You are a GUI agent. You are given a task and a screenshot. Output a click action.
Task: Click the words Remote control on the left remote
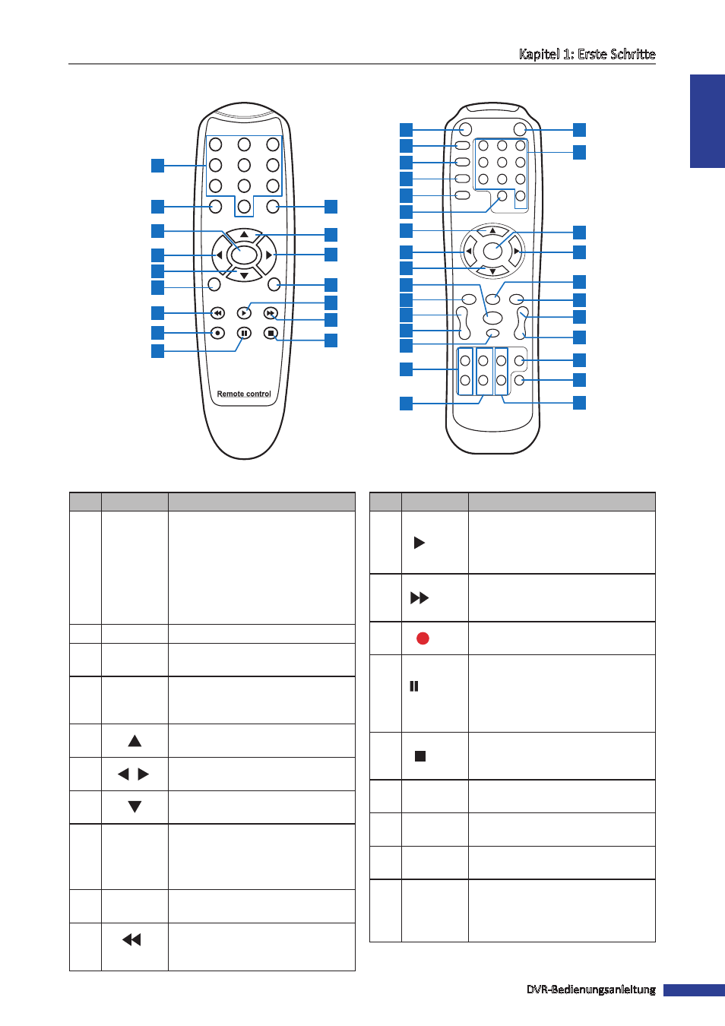(x=244, y=394)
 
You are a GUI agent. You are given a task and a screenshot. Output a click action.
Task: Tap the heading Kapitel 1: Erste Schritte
(x=587, y=54)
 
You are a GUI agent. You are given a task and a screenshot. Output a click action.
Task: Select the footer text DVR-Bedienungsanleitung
(x=590, y=990)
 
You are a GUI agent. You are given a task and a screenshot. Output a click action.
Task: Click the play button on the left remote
(x=244, y=313)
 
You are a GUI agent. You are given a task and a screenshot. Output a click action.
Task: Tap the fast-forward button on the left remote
(x=271, y=313)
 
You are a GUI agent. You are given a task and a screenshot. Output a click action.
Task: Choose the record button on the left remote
(x=217, y=333)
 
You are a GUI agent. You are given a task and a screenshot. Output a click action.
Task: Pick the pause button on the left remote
(x=244, y=333)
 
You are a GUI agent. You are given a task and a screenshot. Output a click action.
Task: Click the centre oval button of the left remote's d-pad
(x=244, y=255)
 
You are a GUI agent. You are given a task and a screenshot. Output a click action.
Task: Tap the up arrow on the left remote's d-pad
(x=245, y=235)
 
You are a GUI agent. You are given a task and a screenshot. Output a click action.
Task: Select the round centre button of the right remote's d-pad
(x=492, y=251)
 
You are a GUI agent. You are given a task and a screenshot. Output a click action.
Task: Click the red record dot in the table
(x=423, y=638)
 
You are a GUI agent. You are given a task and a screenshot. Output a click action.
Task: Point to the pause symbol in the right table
(x=414, y=686)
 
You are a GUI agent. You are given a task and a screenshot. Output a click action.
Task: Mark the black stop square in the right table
(x=420, y=755)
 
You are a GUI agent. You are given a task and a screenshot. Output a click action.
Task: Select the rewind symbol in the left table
(x=131, y=939)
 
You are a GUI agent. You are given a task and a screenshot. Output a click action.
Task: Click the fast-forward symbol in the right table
(x=419, y=597)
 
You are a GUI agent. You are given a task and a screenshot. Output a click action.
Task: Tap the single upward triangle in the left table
(x=135, y=741)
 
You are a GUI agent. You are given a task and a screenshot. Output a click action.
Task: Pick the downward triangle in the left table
(x=135, y=806)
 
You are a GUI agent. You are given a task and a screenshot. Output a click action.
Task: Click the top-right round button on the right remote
(x=520, y=129)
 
